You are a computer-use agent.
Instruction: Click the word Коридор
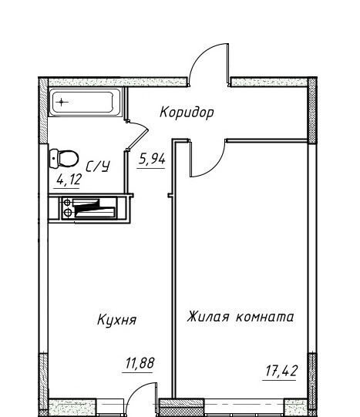pos(187,113)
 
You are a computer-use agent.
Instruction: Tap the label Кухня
pos(116,320)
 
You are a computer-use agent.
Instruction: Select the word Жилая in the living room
pos(207,317)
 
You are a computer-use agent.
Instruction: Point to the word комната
pos(265,318)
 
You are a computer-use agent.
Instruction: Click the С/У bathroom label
pos(98,166)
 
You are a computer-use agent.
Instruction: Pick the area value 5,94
pos(152,160)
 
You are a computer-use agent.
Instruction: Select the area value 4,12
pos(69,180)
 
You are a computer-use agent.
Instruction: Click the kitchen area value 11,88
pos(140,363)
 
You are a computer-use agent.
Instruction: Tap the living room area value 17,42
pos(281,372)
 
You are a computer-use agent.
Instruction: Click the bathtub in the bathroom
pos(85,103)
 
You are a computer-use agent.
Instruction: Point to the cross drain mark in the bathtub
pos(62,102)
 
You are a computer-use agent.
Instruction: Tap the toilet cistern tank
pos(54,159)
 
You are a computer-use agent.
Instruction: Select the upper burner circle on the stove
pos(67,203)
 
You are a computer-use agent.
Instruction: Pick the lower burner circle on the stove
pos(68,212)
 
